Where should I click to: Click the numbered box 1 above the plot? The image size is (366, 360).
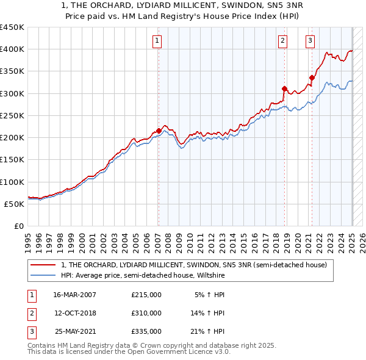157,41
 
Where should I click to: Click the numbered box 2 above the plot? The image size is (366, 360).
283,41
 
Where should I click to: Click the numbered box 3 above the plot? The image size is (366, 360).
310,41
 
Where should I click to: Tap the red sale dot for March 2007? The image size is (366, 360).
159,131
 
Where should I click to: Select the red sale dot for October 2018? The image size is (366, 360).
284,89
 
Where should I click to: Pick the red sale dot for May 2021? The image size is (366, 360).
312,77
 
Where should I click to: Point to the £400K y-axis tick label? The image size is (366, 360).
12,49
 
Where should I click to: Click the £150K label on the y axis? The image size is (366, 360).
12,160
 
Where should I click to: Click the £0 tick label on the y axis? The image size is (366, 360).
19,226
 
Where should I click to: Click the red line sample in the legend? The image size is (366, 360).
43,265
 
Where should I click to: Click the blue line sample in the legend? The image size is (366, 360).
43,275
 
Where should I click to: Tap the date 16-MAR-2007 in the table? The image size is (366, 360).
74,295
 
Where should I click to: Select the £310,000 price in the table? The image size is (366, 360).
146,313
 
